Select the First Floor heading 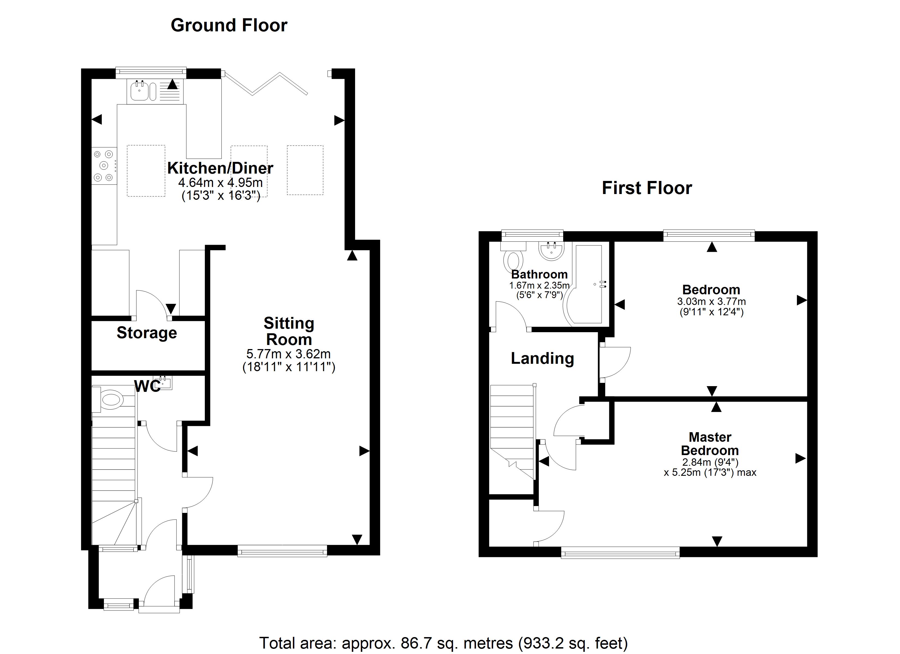647,188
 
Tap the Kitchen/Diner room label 220,168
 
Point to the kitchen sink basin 139,92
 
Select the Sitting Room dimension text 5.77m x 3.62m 289,354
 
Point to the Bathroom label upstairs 539,274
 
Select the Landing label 542,359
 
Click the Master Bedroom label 710,444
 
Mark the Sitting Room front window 283,551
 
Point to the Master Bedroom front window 620,552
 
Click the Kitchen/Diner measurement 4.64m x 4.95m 221,183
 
